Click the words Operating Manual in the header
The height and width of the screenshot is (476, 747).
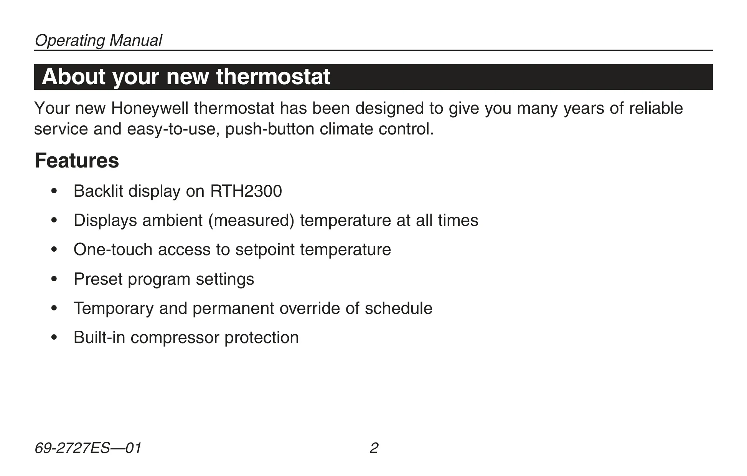click(x=98, y=40)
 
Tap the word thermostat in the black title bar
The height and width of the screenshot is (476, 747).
click(x=273, y=76)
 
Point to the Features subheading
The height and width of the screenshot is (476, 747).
click(x=77, y=161)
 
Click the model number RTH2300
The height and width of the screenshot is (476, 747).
click(x=246, y=191)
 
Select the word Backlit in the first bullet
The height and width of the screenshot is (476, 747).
click(x=98, y=191)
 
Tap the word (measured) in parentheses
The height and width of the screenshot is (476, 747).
click(x=251, y=221)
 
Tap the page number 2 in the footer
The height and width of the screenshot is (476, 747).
click(x=374, y=448)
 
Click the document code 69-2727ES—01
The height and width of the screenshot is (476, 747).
click(x=88, y=448)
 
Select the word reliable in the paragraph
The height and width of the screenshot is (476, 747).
click(x=656, y=109)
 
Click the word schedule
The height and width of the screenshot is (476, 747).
click(x=399, y=308)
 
